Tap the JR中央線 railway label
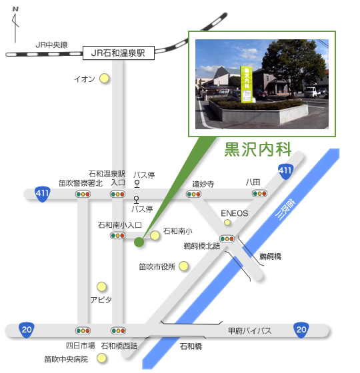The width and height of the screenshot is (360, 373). coord(52,45)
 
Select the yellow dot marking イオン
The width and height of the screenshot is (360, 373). coord(104,79)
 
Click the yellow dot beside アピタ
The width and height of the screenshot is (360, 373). coord(102,286)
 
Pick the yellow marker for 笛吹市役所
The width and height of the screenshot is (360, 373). coord(184,266)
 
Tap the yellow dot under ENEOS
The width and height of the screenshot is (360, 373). coord(227,222)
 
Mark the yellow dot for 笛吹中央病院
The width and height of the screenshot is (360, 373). coord(102,359)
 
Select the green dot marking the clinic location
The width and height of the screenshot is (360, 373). coord(139,242)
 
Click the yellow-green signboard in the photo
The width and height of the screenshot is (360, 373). coord(246,84)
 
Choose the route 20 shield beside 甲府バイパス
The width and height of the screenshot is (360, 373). coord(301,330)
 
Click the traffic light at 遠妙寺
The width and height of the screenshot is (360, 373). coord(194,194)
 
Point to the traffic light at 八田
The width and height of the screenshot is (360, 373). coord(259,194)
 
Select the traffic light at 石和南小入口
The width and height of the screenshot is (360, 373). coord(119,235)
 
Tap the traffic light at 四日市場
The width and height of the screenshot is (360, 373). coord(83,330)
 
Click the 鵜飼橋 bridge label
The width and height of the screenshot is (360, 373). coord(271,256)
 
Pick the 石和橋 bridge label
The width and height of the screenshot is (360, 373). coord(191,346)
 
